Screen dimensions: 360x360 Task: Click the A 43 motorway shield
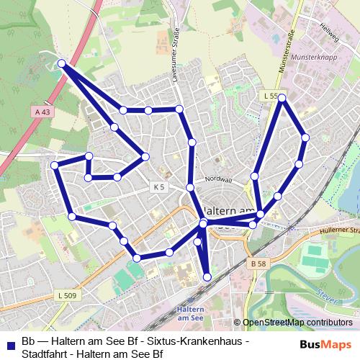(x=42, y=112)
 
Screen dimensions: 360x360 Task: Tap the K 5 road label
(x=159, y=186)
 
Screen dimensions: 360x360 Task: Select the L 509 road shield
(x=66, y=295)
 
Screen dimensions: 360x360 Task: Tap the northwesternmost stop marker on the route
(x=62, y=64)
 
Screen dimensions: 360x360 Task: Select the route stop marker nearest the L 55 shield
(x=282, y=97)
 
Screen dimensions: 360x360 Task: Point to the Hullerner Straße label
(x=338, y=230)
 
